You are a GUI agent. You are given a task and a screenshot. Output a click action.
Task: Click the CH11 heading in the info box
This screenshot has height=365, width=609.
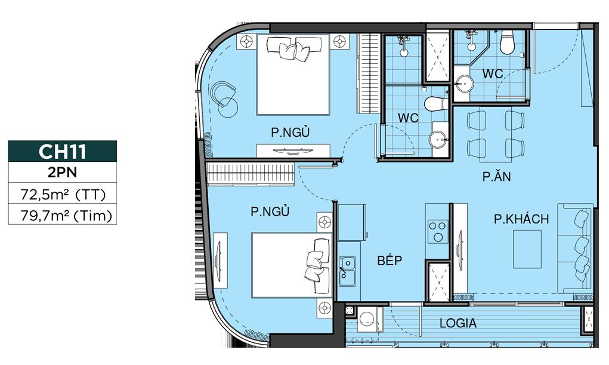coord(62,151)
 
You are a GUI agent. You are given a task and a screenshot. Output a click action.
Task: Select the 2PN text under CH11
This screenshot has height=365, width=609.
coord(62,172)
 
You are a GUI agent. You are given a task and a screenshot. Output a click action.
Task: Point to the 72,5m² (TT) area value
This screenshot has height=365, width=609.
coord(63,194)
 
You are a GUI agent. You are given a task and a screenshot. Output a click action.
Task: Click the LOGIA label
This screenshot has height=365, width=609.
coord(458,323)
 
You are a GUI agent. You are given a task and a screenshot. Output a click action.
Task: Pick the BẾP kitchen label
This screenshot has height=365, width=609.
coord(389,260)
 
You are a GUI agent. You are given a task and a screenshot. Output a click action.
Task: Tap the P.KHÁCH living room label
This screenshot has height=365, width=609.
coord(521,219)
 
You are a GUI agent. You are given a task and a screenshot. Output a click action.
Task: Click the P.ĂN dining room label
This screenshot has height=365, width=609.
coord(497,177)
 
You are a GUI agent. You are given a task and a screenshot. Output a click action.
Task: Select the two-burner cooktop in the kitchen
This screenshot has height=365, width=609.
coord(438,232)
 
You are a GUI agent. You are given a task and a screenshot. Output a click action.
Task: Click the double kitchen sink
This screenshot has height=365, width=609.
coord(347,271)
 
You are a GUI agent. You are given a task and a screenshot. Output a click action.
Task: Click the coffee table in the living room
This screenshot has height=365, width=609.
coord(527,249)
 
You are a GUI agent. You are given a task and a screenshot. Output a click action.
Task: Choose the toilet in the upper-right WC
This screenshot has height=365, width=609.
coord(507,42)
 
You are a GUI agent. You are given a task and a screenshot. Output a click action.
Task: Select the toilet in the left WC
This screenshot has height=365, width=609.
coord(436,104)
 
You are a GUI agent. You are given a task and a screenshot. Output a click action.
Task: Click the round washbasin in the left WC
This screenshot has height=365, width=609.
coord(438,139)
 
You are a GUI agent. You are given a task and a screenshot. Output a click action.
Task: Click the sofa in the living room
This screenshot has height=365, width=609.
coord(575,248)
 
